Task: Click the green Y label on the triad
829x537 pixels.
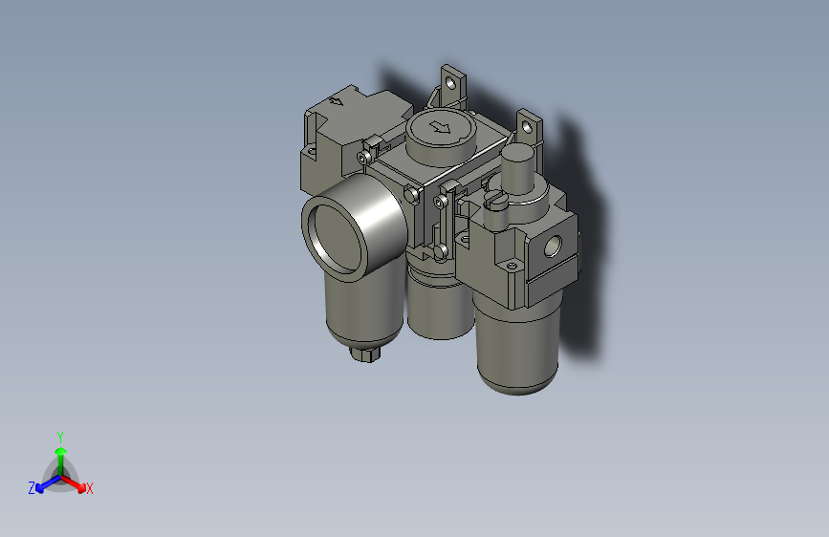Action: coord(59,435)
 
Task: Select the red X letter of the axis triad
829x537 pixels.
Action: coord(90,488)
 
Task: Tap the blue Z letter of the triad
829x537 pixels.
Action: coord(32,487)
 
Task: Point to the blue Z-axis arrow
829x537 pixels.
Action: coord(44,483)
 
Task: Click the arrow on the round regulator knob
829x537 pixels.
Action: coord(440,127)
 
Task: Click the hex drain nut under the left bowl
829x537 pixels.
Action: coord(366,354)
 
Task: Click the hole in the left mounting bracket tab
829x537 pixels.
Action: coord(451,84)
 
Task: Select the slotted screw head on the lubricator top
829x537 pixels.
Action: coord(494,198)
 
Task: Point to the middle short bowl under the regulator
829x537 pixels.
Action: coord(439,306)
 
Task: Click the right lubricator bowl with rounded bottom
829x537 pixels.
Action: coord(516,344)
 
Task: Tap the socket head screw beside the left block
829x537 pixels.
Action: coord(363,156)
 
